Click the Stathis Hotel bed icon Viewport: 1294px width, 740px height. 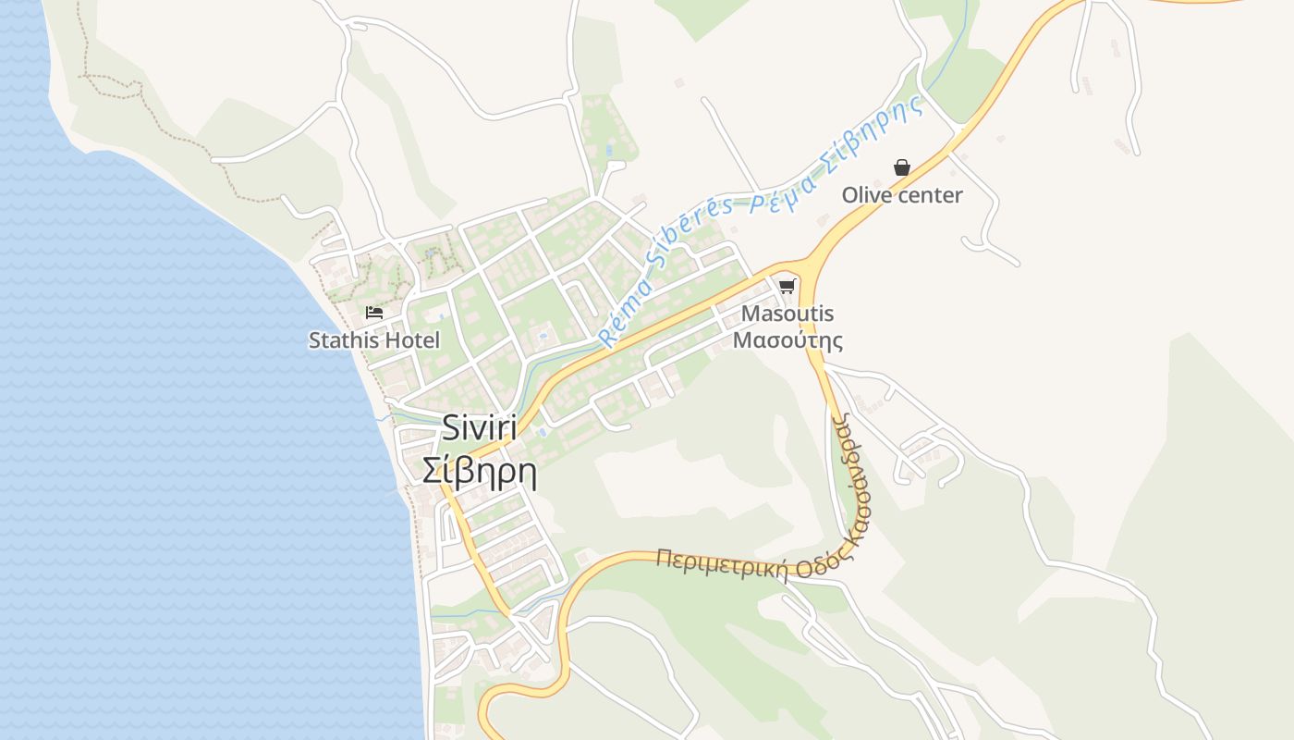coord(374,313)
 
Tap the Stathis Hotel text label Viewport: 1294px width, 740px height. coord(374,340)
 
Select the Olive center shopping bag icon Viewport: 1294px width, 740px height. coord(901,167)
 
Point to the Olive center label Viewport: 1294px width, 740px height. coord(901,195)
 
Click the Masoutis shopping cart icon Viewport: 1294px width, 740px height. coord(787,286)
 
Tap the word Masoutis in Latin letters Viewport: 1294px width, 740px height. coord(787,314)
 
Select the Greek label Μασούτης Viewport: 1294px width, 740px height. coord(787,339)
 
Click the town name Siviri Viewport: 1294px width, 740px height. coord(479,427)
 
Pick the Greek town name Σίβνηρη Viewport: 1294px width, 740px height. coord(479,471)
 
